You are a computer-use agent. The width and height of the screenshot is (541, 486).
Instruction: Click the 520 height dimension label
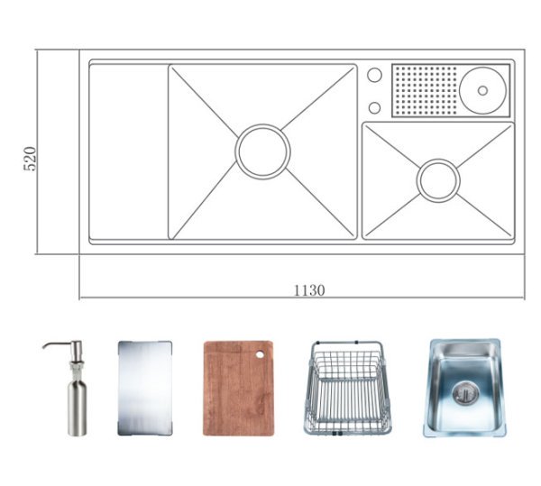(30, 159)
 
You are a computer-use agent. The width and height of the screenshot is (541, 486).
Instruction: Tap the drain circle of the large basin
(262, 151)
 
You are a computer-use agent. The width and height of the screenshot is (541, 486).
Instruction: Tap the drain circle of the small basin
(438, 180)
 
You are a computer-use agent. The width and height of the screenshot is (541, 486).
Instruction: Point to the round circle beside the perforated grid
(485, 89)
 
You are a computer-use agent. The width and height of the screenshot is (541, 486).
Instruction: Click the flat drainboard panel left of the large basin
(127, 151)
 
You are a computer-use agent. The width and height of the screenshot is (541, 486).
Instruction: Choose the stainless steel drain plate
(144, 388)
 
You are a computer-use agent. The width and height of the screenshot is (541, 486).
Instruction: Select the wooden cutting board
(238, 388)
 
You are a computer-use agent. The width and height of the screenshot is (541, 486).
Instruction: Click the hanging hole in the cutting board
(262, 353)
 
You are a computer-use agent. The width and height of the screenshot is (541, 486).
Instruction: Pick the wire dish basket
(344, 388)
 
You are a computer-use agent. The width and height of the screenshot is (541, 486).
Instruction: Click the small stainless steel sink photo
(463, 388)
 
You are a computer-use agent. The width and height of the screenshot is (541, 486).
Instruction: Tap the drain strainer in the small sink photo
(465, 390)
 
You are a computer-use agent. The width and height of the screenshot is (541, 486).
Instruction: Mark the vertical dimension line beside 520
(38, 151)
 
